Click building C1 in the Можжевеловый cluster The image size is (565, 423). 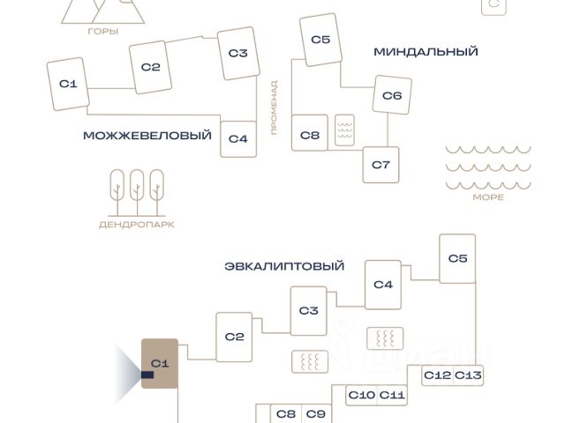(x=68, y=84)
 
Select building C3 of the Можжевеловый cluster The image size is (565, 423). (x=238, y=53)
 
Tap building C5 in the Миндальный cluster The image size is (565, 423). (x=320, y=40)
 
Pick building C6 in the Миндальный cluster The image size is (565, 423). (x=392, y=95)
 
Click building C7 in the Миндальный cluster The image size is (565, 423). (x=380, y=165)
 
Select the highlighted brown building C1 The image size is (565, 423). (x=160, y=363)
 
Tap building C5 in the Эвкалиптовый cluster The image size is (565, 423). (x=457, y=258)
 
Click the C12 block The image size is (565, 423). (x=437, y=375)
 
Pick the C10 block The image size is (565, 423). (x=361, y=396)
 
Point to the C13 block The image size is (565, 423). (x=468, y=375)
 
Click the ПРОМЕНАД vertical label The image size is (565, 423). (x=275, y=108)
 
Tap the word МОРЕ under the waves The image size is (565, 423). (x=488, y=197)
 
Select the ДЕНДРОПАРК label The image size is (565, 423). (x=137, y=225)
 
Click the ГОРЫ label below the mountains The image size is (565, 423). (x=103, y=32)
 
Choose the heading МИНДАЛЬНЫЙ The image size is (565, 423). (x=426, y=52)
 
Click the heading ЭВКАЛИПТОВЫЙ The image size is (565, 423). (x=284, y=266)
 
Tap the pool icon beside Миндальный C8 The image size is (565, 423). (x=344, y=130)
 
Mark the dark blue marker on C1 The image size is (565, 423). (x=147, y=375)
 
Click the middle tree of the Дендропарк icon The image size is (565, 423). (x=137, y=192)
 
